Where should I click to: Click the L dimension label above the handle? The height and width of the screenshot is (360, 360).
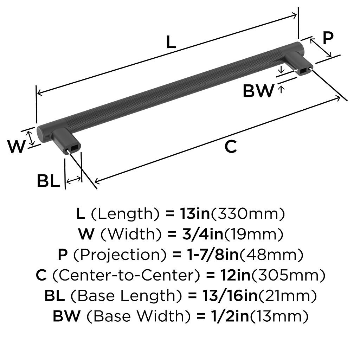(171, 43)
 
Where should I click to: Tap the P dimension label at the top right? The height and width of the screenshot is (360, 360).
(328, 38)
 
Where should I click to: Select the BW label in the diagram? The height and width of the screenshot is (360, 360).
(258, 91)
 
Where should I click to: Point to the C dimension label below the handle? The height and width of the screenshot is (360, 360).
(230, 147)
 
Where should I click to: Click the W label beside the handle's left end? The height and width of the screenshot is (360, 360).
(17, 147)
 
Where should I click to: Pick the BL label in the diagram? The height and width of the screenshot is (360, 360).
(49, 181)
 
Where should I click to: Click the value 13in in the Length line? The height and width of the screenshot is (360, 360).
(195, 213)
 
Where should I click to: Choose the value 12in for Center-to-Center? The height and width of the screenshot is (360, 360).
(235, 275)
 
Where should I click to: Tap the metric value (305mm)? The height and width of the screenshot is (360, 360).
(288, 275)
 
